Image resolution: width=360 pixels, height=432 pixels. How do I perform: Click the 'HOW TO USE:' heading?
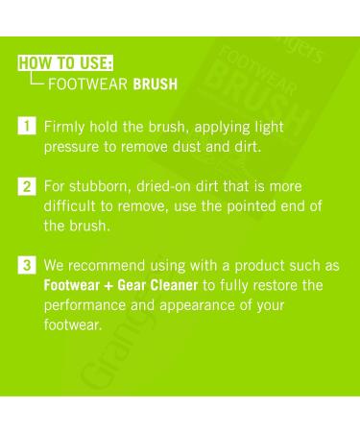pyautogui.click(x=65, y=62)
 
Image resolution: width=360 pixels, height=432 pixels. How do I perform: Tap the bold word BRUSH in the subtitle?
pyautogui.click(x=156, y=84)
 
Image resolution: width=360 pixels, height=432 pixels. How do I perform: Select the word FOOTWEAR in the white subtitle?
pyautogui.click(x=88, y=84)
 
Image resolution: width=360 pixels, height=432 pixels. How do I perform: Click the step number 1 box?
pyautogui.click(x=27, y=126)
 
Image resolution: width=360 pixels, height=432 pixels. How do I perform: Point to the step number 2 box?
pyautogui.click(x=27, y=186)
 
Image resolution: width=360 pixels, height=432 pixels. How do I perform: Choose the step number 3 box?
pyautogui.click(x=27, y=265)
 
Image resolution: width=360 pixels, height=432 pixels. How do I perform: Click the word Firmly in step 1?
pyautogui.click(x=64, y=128)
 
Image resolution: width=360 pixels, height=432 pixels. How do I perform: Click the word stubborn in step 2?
pyautogui.click(x=100, y=186)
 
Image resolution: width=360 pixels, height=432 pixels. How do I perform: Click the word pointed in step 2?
pyautogui.click(x=252, y=206)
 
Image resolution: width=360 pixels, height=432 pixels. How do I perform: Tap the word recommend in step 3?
pyautogui.click(x=107, y=266)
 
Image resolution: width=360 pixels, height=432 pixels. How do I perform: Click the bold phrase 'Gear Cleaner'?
pyautogui.click(x=157, y=285)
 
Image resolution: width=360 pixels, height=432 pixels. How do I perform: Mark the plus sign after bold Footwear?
pyautogui.click(x=108, y=286)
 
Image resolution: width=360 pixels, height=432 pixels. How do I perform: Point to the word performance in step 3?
pyautogui.click(x=84, y=305)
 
